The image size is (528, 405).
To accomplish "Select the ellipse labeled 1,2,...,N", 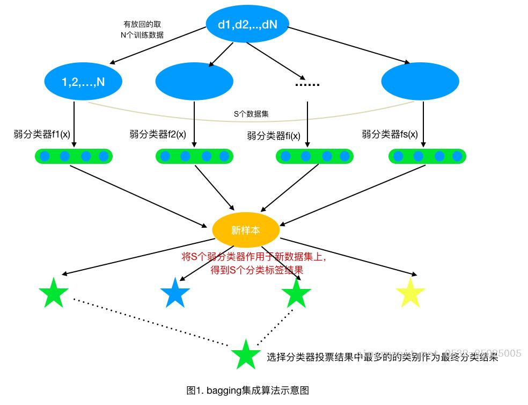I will [x=83, y=82].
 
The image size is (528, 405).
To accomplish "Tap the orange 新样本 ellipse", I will [x=246, y=230].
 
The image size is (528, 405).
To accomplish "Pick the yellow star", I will [x=410, y=293].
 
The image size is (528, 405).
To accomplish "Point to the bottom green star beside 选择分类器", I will [x=246, y=355].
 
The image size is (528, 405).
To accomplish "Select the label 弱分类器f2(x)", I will [x=158, y=134].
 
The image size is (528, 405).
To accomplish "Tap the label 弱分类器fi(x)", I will [x=274, y=135].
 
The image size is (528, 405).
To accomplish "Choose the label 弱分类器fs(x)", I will [x=390, y=134].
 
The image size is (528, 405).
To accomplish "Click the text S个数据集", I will [x=247, y=114].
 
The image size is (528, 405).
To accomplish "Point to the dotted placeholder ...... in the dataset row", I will [x=307, y=85].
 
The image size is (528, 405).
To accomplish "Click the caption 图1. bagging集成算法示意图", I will [x=247, y=390].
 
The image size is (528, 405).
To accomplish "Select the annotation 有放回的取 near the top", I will [x=142, y=24].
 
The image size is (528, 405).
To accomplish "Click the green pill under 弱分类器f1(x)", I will [x=74, y=156].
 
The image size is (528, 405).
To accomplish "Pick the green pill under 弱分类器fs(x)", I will [x=428, y=156].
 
